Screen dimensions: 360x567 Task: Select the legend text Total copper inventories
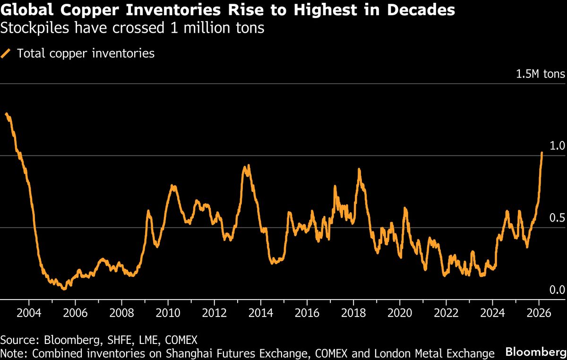coord(86,53)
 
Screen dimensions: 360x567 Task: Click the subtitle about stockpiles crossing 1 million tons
coord(132,28)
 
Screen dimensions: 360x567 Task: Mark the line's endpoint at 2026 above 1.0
coord(541,153)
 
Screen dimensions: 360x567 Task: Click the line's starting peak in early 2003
coord(6,114)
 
